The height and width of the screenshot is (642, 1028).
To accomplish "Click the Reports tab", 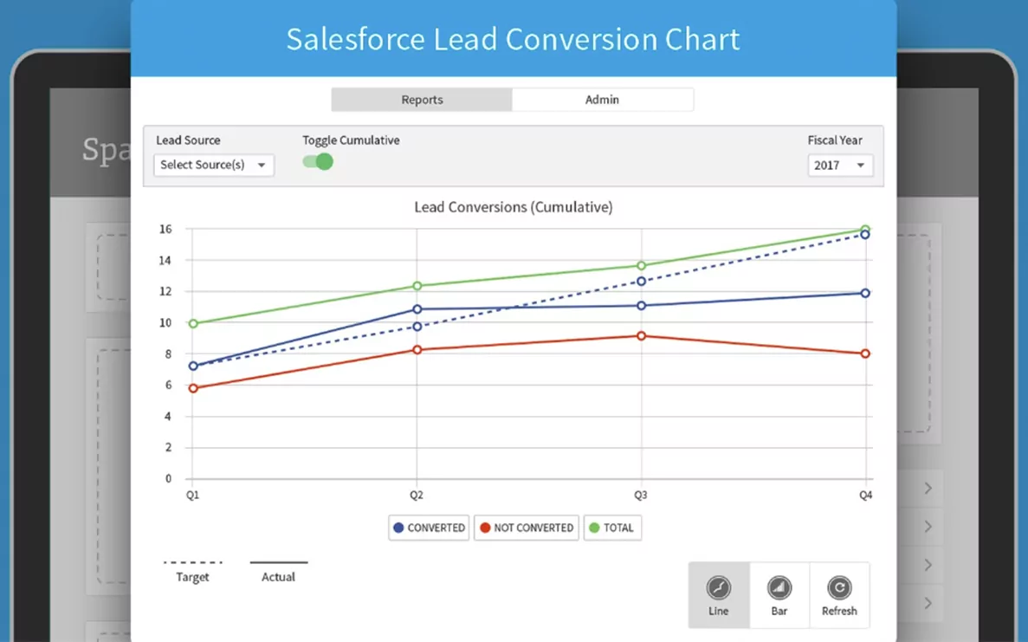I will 422,100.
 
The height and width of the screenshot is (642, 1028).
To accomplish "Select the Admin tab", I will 602,100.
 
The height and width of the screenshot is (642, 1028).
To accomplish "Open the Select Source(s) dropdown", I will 214,165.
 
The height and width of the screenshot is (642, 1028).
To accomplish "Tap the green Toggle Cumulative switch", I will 318,161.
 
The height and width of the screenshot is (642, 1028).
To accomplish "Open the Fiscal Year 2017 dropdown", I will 839,165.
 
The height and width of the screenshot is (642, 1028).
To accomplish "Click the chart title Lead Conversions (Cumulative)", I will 513,207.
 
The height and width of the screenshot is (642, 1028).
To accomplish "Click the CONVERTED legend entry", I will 429,528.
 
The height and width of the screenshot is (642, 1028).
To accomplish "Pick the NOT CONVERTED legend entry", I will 526,528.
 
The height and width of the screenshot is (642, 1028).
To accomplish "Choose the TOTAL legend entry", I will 611,528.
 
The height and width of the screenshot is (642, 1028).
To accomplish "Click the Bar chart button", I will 779,595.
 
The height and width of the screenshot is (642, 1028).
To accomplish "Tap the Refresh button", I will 838,595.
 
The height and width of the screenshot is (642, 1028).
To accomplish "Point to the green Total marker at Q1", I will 193,324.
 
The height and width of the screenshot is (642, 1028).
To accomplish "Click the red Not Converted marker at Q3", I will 641,335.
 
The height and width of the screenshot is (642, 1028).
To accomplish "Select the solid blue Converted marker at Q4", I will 865,293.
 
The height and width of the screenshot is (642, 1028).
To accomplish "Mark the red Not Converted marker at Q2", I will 417,349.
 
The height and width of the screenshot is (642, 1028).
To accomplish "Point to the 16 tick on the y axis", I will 165,229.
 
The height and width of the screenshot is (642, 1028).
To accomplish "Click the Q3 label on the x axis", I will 640,495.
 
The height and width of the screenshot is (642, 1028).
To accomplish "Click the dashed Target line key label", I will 192,577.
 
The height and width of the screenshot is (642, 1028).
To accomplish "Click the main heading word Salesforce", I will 355,40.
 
